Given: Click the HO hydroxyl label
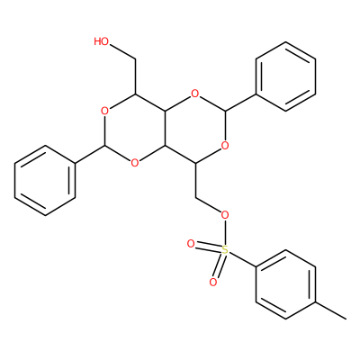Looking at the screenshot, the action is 101,41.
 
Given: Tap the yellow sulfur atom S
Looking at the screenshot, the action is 225,249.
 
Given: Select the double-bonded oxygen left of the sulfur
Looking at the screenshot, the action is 191,244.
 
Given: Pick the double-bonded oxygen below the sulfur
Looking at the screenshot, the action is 213,282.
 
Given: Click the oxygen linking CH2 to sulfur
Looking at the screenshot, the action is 225,215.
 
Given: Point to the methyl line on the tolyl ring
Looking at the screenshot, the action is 330,310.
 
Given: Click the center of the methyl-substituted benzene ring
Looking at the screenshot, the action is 285,284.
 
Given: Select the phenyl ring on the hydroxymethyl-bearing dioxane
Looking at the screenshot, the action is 45,181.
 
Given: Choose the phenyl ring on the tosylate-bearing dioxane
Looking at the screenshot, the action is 285,76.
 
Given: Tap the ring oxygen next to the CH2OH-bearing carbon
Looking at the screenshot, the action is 104,112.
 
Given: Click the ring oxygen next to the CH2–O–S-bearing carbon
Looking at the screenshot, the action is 225,146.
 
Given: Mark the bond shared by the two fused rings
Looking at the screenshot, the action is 165,129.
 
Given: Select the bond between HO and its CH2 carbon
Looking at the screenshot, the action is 122,53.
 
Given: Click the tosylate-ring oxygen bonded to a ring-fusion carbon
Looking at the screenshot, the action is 195,94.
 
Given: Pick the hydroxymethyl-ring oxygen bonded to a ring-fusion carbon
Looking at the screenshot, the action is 135,163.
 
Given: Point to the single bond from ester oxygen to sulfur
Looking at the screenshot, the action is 225,232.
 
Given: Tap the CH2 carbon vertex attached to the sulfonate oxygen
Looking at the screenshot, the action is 195,198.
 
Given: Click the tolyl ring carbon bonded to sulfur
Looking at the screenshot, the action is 256,267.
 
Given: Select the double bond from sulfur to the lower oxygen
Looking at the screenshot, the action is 219,265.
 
